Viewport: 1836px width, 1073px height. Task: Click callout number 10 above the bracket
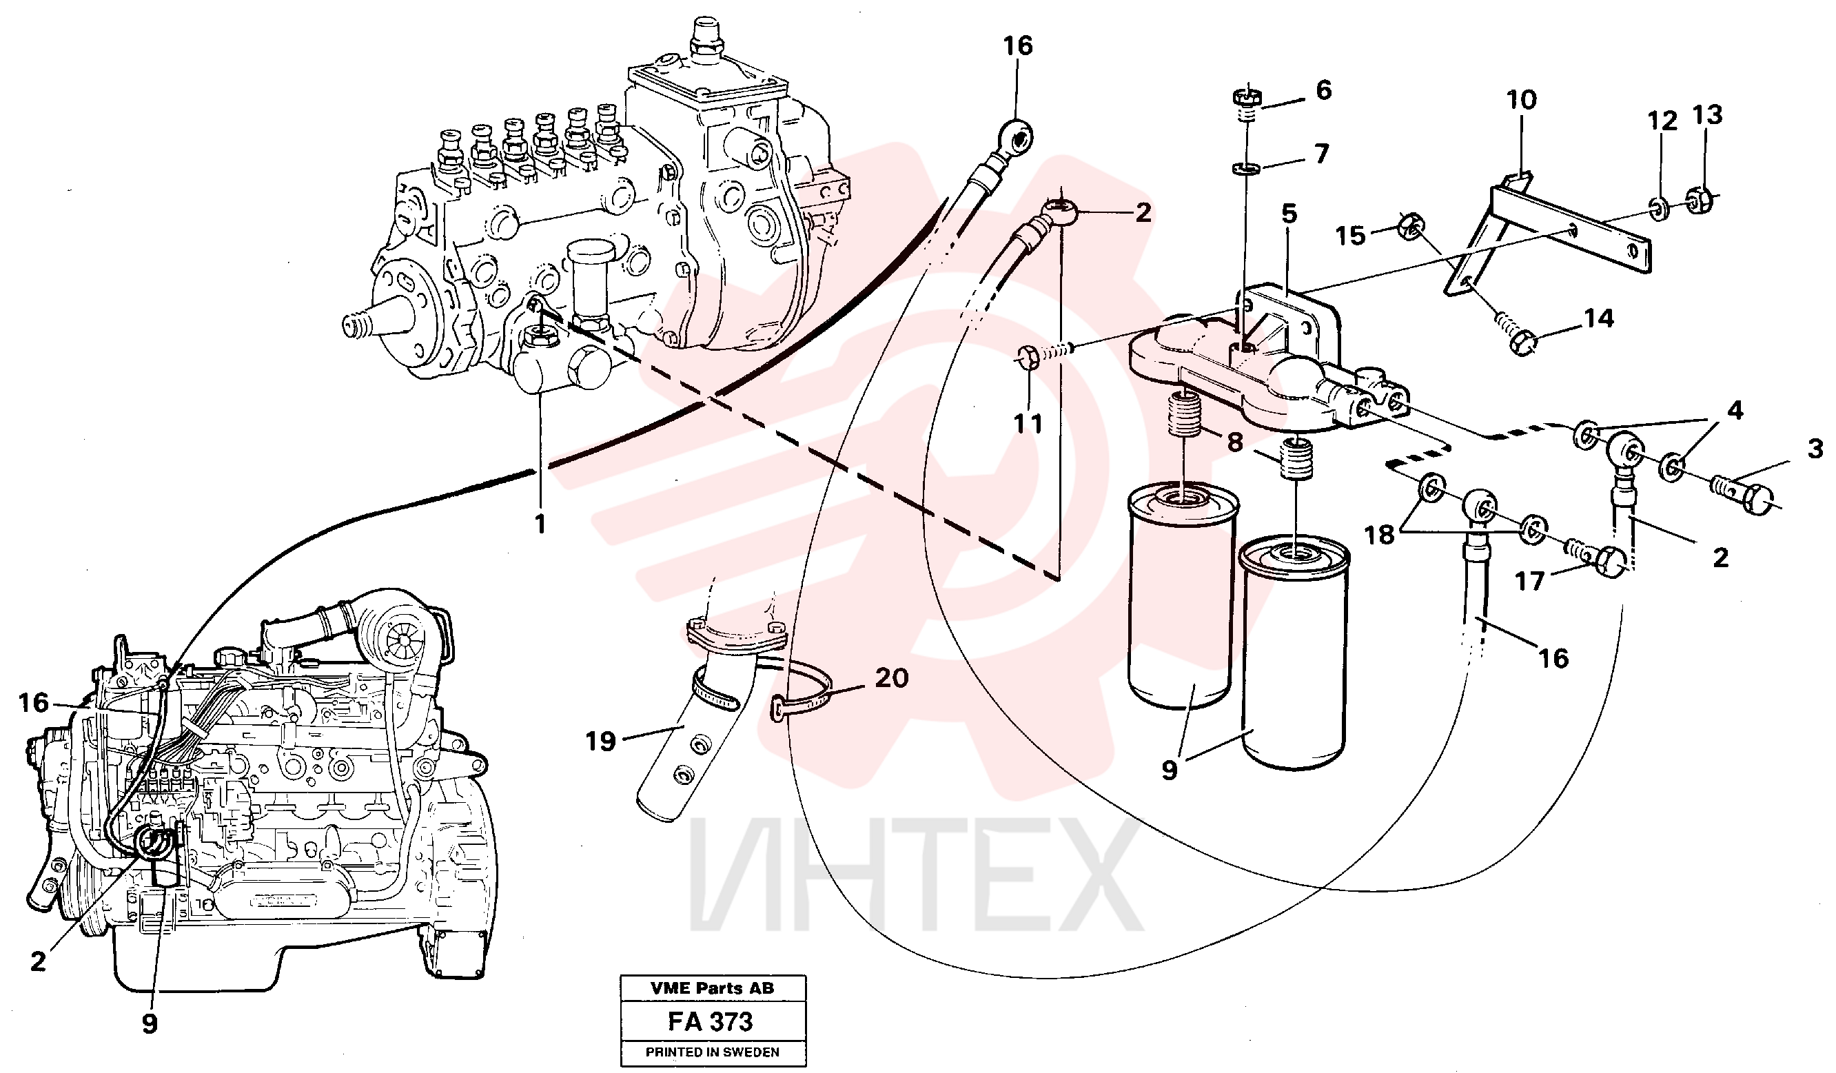1521,100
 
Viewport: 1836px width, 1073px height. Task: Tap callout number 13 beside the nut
1707,114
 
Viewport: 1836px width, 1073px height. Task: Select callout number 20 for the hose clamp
891,678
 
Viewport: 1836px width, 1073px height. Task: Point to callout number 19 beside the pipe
600,742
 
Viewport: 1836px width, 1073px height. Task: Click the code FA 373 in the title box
711,1021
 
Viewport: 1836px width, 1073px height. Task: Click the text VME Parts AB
712,988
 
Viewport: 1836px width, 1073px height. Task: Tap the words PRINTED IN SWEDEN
712,1052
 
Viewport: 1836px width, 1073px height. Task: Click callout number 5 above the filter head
1289,214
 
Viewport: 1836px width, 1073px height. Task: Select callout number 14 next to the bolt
1598,318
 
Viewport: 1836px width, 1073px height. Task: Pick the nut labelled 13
1700,200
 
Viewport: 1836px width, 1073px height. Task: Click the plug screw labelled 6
1247,105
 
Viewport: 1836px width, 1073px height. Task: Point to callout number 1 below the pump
540,524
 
